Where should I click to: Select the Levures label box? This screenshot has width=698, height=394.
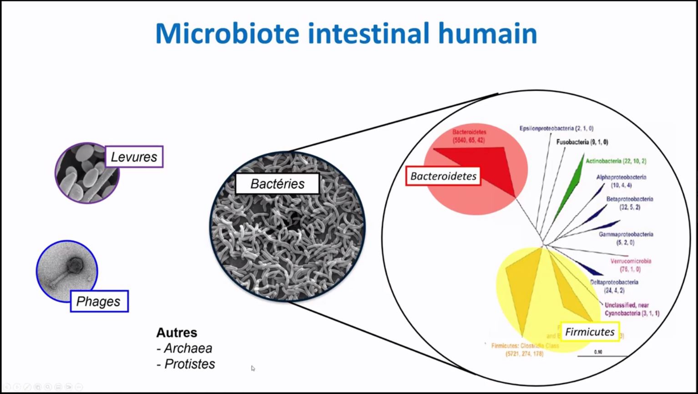[134, 157]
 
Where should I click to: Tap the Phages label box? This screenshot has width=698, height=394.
[99, 301]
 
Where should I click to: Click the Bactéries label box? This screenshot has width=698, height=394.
[277, 184]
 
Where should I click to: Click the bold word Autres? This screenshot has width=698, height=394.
[177, 333]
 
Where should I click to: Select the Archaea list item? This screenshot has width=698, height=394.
[187, 348]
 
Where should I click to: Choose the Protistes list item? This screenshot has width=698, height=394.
[189, 364]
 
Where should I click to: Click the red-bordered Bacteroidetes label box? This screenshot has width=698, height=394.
[443, 176]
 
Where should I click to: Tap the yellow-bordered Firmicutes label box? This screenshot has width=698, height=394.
[589, 332]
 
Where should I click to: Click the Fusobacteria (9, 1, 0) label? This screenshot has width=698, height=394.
[582, 142]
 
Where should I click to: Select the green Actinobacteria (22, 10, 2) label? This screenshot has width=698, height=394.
[616, 161]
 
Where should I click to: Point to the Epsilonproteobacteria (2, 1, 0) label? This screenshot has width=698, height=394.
[556, 128]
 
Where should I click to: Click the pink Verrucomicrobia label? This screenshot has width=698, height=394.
[630, 261]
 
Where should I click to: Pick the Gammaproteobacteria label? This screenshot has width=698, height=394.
[626, 234]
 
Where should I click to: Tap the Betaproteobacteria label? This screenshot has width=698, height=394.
[629, 199]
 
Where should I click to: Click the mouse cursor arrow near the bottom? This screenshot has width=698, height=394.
[253, 368]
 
